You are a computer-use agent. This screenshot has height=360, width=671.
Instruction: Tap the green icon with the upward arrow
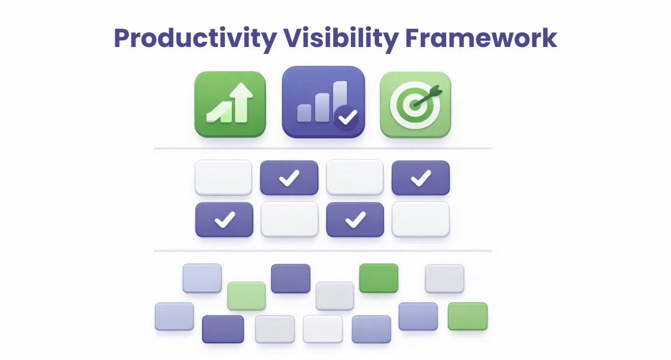click(x=231, y=104)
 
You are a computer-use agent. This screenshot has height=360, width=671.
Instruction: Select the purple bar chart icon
click(x=323, y=103)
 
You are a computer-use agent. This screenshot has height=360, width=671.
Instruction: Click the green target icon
click(x=416, y=104)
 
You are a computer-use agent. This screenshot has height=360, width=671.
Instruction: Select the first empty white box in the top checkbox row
click(x=223, y=178)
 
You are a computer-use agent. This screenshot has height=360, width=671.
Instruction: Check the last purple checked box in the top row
click(x=420, y=178)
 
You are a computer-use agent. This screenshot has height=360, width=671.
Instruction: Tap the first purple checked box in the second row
click(x=224, y=220)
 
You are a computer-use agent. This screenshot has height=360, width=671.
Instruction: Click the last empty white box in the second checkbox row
click(x=420, y=219)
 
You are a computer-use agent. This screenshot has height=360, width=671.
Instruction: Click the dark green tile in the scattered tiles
click(x=379, y=277)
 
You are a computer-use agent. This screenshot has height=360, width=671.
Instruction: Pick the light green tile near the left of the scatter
click(x=247, y=295)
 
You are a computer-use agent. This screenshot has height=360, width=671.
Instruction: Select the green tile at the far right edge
click(x=467, y=316)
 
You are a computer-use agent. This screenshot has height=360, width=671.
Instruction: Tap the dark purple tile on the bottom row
click(x=223, y=328)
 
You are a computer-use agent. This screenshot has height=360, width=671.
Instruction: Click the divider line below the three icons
click(x=322, y=149)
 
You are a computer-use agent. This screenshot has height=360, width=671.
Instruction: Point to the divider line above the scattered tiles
click(x=322, y=251)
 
